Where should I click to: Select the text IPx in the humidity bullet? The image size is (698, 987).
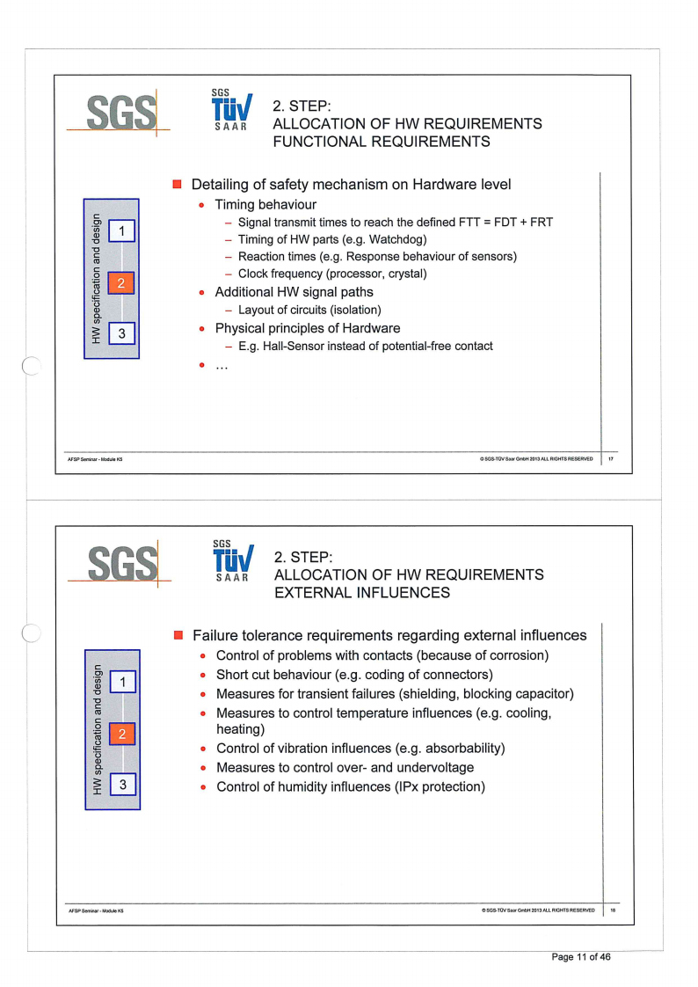pyautogui.click(x=406, y=786)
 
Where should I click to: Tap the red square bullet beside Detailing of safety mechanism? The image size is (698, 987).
pyautogui.click(x=177, y=185)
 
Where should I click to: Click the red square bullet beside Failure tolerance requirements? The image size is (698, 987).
pyautogui.click(x=177, y=635)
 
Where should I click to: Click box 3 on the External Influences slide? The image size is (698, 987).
pyautogui.click(x=124, y=783)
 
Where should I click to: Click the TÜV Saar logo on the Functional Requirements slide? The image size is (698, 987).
pyautogui.click(x=230, y=111)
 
